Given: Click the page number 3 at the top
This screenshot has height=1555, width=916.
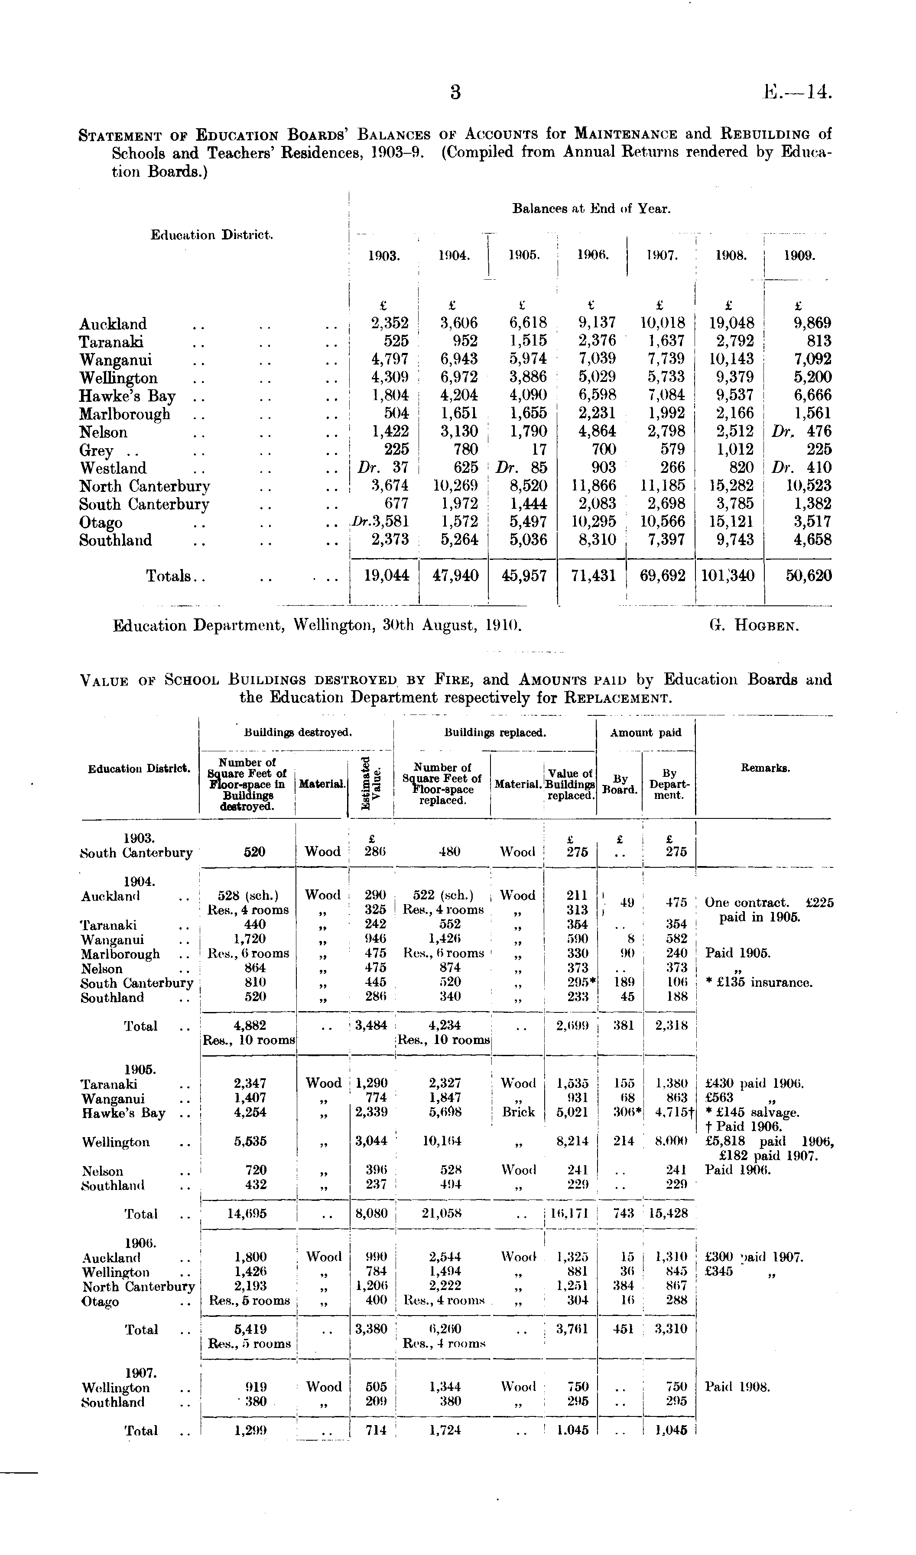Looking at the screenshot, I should click(455, 93).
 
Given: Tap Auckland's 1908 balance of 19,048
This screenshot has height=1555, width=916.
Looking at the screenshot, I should click(729, 323).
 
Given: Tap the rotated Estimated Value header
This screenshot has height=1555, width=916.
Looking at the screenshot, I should click(371, 782).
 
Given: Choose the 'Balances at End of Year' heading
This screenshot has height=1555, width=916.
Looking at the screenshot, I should click(591, 209).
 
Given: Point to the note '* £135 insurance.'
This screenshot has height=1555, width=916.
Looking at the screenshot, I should click(759, 983).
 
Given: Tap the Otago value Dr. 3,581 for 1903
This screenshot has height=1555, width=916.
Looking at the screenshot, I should click(380, 522).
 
